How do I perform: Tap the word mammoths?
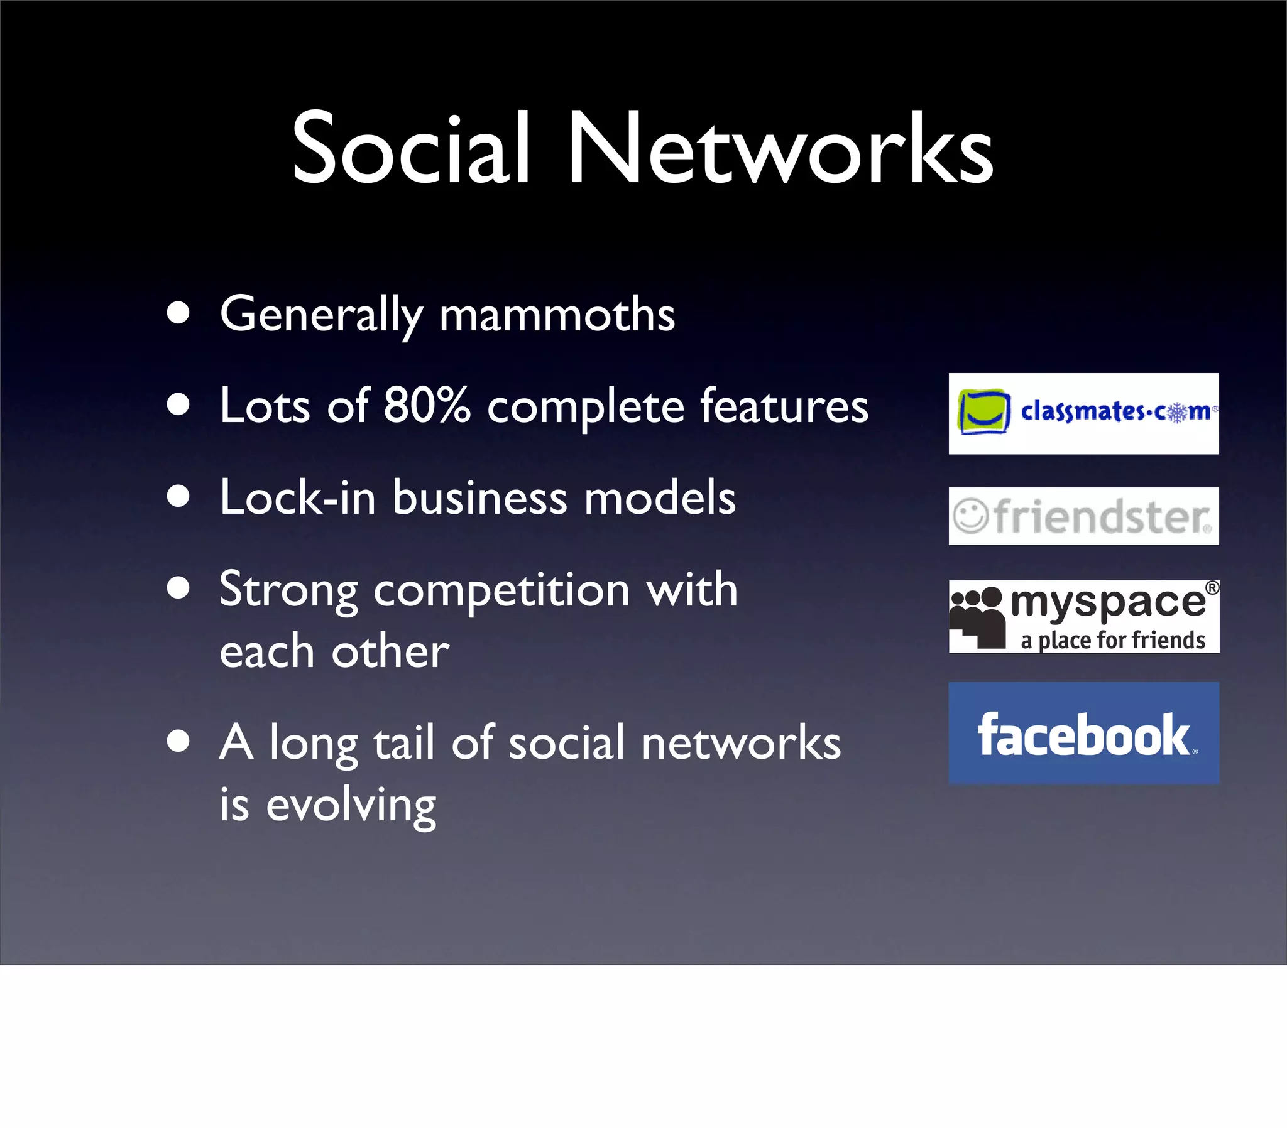[x=557, y=314]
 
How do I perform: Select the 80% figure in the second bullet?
[x=427, y=405]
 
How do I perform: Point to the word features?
[x=784, y=406]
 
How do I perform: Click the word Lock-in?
[x=297, y=498]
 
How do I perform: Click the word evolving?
[x=351, y=806]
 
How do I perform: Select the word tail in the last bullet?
[x=403, y=743]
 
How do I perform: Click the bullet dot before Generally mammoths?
[x=179, y=313]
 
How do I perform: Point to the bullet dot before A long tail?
[x=179, y=742]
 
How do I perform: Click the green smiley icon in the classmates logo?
[x=983, y=411]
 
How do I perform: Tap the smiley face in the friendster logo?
[x=970, y=516]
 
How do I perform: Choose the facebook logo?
[x=1083, y=734]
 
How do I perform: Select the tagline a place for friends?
[x=1112, y=641]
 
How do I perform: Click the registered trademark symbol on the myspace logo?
[x=1212, y=588]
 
